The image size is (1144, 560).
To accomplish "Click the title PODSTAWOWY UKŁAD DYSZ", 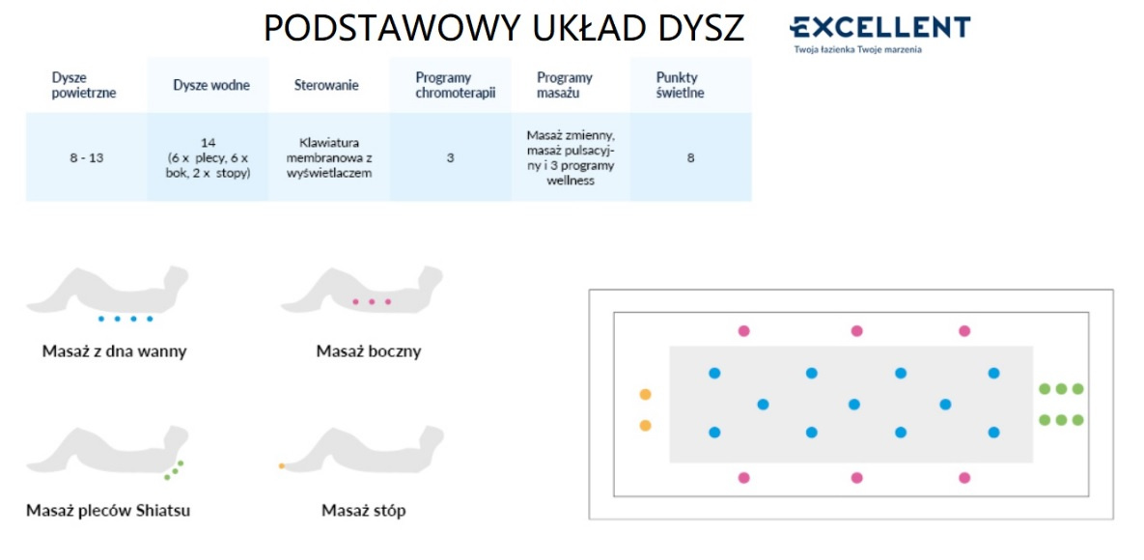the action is tap(503, 28).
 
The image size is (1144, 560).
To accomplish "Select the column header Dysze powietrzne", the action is tap(84, 85).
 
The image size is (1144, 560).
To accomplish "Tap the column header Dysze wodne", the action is tap(211, 85).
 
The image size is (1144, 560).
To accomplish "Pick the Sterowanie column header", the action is tap(326, 85).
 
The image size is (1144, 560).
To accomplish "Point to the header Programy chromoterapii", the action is tap(450, 85).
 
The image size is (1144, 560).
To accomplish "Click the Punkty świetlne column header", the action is tap(680, 85).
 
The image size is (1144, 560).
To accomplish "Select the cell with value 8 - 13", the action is tap(87, 157).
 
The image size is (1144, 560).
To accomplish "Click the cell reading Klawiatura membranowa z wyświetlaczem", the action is tap(329, 157).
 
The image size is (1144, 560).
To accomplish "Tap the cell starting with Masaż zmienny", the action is tap(571, 157).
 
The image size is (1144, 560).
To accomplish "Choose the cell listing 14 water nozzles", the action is tap(208, 157).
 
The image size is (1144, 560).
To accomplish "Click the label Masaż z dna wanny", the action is tap(115, 351).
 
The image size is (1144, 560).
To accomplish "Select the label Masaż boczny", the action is tap(369, 351).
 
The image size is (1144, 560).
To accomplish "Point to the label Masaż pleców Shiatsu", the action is tap(108, 511).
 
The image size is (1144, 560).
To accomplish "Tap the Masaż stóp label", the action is tap(363, 511).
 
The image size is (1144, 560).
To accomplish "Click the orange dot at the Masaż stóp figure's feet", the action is tap(282, 465).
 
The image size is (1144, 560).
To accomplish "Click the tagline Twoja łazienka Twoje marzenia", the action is tap(858, 49).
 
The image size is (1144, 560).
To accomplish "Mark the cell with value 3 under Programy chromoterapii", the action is tap(450, 157).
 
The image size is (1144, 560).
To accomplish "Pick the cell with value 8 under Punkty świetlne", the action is tap(690, 157).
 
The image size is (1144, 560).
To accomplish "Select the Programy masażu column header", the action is tap(565, 85).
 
